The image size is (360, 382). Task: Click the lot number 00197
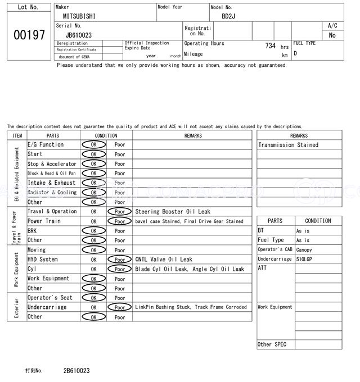click(29, 35)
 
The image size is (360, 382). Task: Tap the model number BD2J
click(228, 16)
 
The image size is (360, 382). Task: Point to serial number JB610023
click(79, 35)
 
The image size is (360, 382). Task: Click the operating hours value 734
click(270, 46)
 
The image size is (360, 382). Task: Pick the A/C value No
click(332, 35)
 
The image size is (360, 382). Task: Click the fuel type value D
click(295, 53)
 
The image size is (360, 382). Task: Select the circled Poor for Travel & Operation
click(120, 212)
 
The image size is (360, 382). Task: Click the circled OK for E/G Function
click(93, 145)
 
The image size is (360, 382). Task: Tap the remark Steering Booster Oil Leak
click(173, 212)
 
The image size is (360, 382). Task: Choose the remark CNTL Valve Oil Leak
click(164, 260)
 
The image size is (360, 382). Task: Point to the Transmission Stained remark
click(288, 145)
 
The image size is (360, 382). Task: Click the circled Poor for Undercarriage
click(120, 307)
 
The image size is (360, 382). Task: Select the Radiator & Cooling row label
click(52, 192)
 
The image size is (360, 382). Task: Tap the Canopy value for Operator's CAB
click(304, 250)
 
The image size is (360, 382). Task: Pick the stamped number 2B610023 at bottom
click(76, 371)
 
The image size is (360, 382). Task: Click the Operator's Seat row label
click(50, 298)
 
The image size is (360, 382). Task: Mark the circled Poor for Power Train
click(120, 221)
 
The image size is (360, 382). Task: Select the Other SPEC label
click(272, 344)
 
